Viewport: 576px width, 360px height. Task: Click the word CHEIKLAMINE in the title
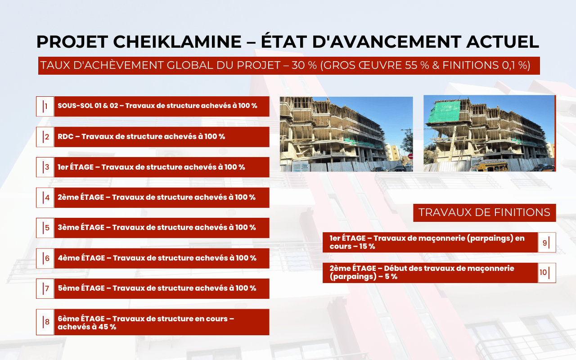tap(177, 42)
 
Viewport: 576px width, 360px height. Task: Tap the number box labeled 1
tap(45, 106)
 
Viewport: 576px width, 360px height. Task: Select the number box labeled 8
tap(45, 322)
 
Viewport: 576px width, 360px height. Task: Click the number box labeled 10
tap(547, 273)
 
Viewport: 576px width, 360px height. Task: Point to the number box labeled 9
tap(547, 242)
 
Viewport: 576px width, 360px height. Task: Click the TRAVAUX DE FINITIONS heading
tap(484, 213)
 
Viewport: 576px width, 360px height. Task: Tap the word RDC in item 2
tap(66, 136)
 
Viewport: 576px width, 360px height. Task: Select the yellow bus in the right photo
tap(489, 165)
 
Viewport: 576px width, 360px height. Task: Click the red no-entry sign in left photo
tap(410, 156)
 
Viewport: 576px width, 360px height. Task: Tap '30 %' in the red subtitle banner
tap(304, 65)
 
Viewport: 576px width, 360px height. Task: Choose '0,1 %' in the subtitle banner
tap(515, 65)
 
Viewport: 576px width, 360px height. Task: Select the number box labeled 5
tap(45, 228)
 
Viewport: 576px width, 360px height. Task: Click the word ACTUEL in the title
tap(503, 42)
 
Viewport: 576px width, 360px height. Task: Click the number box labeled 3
tap(45, 167)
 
